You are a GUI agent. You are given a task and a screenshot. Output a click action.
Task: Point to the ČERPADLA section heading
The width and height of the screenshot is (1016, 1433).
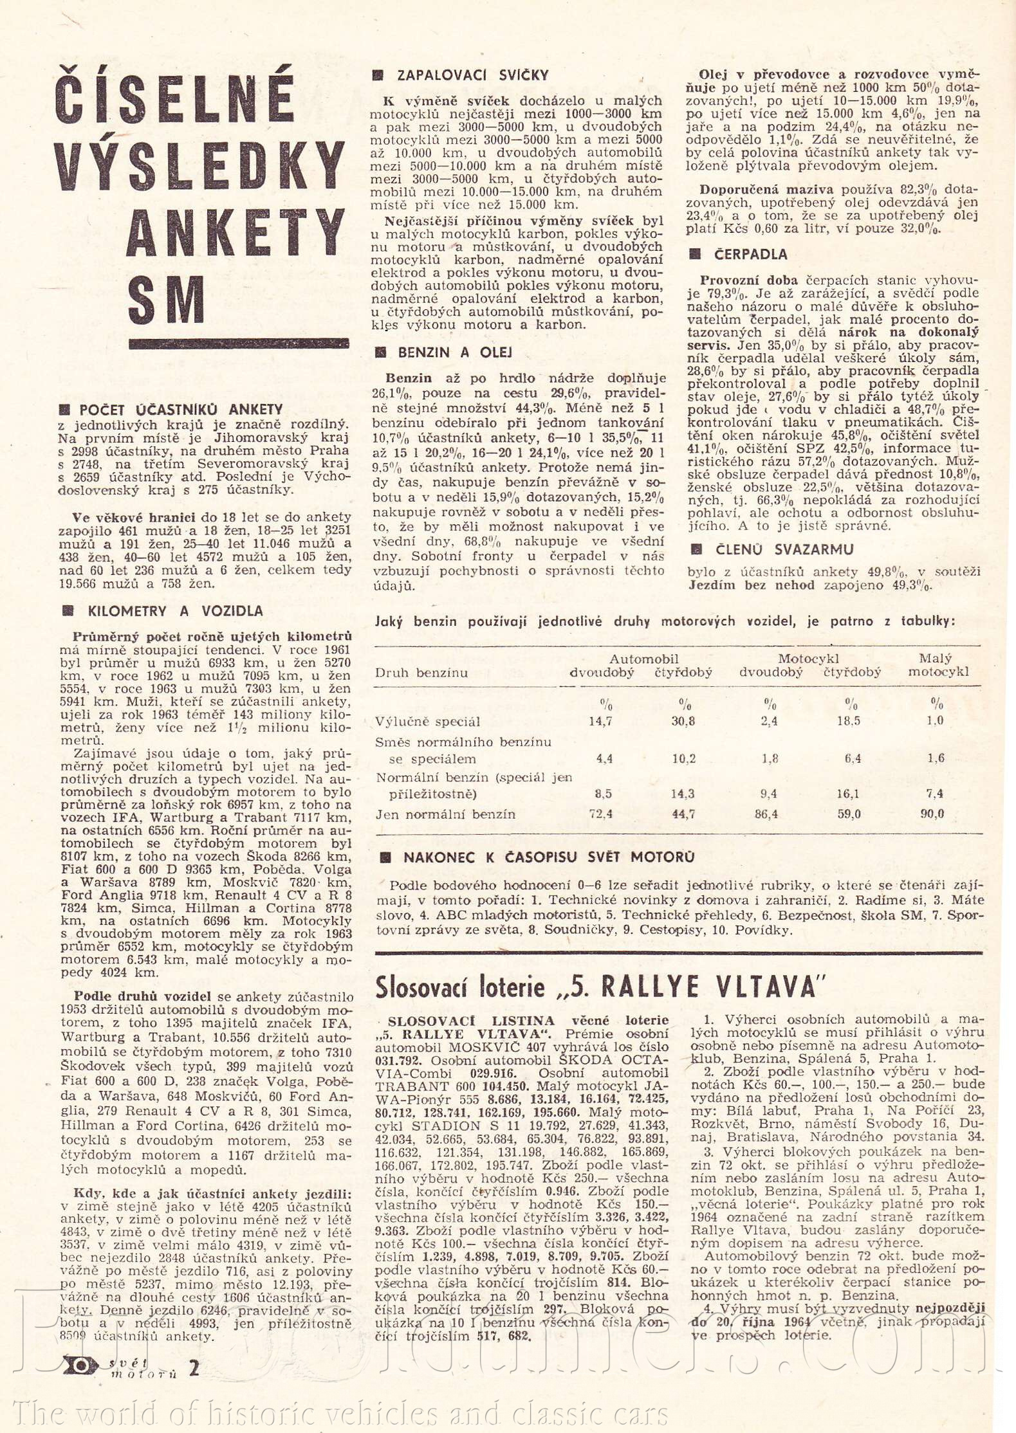click(750, 255)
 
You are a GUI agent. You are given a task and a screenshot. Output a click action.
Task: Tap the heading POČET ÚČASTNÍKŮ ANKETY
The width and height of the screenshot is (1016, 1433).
click(181, 410)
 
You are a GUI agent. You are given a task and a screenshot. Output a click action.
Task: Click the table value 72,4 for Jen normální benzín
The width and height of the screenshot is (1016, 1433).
click(600, 814)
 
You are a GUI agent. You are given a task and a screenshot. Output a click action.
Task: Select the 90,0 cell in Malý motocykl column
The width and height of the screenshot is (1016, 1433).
click(932, 814)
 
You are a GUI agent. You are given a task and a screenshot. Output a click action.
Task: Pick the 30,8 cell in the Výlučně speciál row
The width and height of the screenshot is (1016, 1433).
click(683, 722)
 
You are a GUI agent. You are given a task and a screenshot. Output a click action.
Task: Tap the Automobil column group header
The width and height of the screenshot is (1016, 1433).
click(643, 659)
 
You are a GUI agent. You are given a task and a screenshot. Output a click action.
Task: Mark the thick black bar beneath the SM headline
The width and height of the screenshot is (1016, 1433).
click(239, 344)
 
